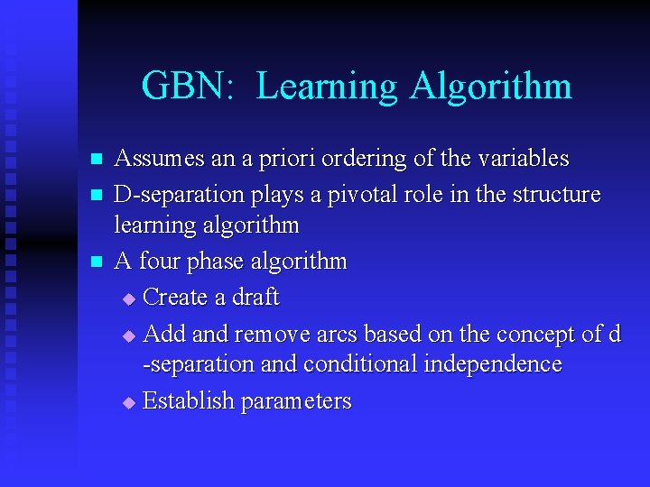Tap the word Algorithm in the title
490,87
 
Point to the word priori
275,159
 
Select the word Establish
189,400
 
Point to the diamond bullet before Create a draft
128,299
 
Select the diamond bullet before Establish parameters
128,402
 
